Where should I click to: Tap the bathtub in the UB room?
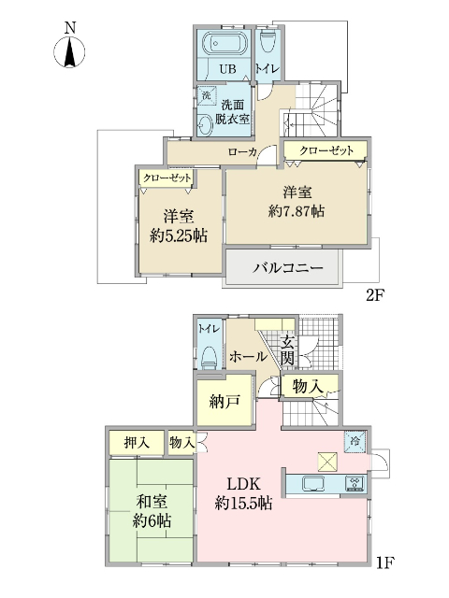pos(223,44)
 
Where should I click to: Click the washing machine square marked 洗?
pos(206,95)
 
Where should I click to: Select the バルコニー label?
pos(288,268)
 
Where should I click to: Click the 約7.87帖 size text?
pos(297,211)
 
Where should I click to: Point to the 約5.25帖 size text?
pos(177,233)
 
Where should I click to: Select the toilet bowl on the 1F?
pos(208,355)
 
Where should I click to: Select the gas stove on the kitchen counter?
pos(355,483)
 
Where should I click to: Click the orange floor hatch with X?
pos(327,461)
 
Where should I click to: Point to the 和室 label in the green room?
pos(152,502)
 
